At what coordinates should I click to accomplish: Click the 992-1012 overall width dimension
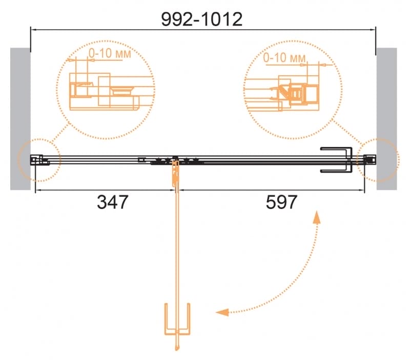[x=201, y=19]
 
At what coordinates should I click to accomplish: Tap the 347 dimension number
[x=112, y=202]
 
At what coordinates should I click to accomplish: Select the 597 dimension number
[x=281, y=202]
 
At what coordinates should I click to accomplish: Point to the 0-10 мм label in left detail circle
[x=110, y=53]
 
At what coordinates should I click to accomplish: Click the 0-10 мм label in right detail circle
[x=284, y=57]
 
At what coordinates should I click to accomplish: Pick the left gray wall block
[x=20, y=119]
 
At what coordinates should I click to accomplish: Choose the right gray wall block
[x=387, y=119]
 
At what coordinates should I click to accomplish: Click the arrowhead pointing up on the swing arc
[x=317, y=217]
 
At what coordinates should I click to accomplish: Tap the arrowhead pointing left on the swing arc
[x=222, y=312]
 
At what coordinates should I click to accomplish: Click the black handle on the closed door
[x=337, y=160]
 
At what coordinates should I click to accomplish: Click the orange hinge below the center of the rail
[x=175, y=173]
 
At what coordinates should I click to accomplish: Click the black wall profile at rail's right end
[x=370, y=160]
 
